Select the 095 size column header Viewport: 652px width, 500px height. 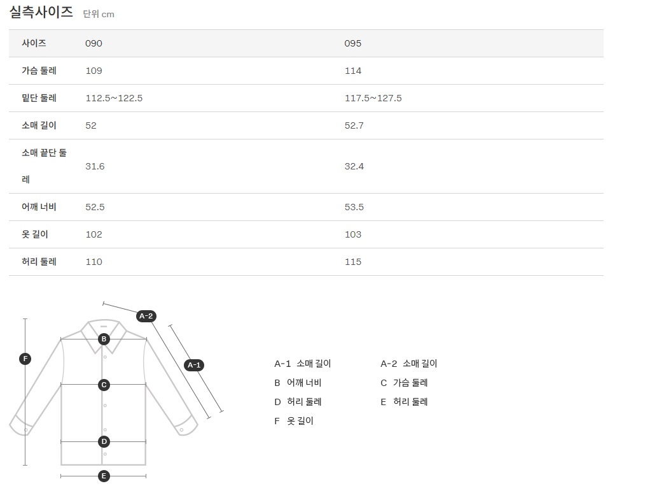(353, 43)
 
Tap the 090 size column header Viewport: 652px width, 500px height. (94, 43)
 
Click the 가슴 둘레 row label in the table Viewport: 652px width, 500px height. (39, 71)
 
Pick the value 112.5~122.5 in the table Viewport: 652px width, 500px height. (114, 98)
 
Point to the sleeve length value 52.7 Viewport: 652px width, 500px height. (354, 125)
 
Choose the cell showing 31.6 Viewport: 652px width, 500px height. (95, 166)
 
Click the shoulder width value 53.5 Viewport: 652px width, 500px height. (354, 207)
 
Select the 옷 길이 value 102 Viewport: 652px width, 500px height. (94, 234)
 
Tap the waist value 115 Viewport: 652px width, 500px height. (353, 262)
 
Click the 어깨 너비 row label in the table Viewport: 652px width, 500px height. (39, 207)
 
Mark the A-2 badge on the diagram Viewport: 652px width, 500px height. (146, 316)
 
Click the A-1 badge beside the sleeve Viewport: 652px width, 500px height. (194, 365)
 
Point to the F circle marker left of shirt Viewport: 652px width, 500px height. (25, 359)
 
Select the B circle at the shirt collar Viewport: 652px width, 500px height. (104, 339)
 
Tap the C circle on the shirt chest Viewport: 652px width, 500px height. (104, 385)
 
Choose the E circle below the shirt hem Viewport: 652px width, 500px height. (104, 476)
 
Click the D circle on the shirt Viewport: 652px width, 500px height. (104, 441)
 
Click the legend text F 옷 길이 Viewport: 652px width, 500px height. (294, 421)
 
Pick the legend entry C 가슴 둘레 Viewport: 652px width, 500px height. (404, 383)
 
